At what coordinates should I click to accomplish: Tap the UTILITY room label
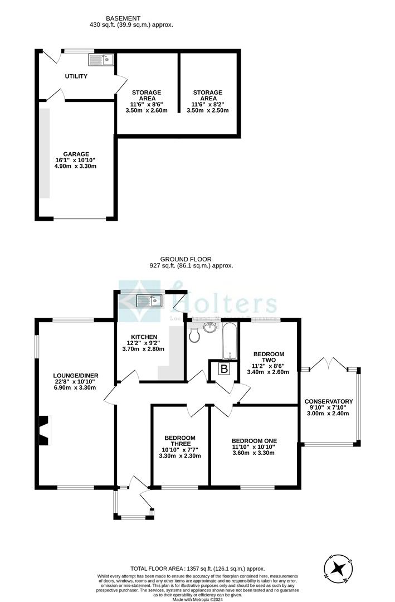click(76, 76)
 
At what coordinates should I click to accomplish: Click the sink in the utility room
click(101, 59)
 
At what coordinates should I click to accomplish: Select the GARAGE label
click(76, 154)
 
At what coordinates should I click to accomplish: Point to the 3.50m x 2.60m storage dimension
click(147, 110)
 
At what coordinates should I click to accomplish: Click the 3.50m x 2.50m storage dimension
click(208, 110)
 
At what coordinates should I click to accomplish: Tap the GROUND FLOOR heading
click(179, 259)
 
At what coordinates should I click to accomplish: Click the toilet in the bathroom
click(194, 336)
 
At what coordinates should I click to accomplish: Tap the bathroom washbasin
click(211, 328)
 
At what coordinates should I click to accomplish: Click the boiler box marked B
click(224, 369)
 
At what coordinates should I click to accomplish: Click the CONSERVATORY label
click(329, 401)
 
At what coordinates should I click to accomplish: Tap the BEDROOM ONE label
click(253, 439)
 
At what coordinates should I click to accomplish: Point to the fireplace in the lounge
click(44, 431)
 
